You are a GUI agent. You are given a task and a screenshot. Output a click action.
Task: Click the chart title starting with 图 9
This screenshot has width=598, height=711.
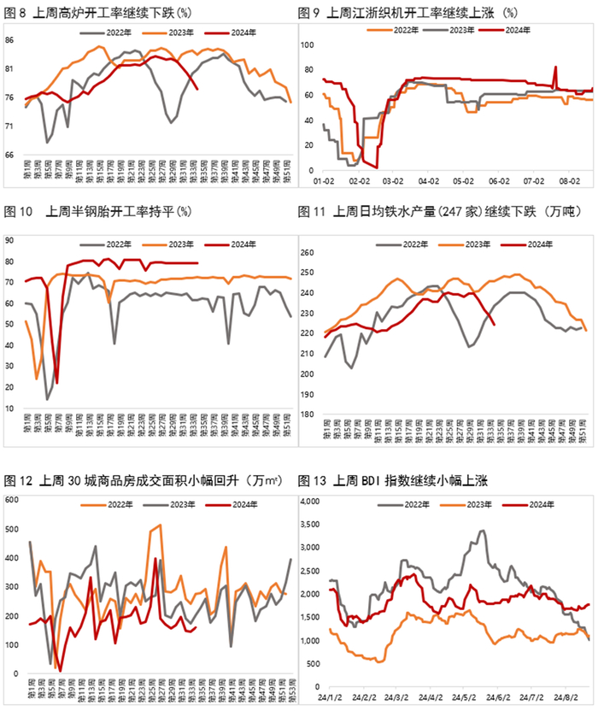coord(410,13)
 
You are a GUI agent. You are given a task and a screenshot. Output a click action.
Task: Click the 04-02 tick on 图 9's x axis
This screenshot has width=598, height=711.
coord(428,181)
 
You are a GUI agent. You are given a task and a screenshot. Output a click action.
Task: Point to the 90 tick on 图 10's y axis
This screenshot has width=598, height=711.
coord(11,240)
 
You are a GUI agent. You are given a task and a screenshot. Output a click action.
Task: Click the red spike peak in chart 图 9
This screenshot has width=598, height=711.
coord(555,67)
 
